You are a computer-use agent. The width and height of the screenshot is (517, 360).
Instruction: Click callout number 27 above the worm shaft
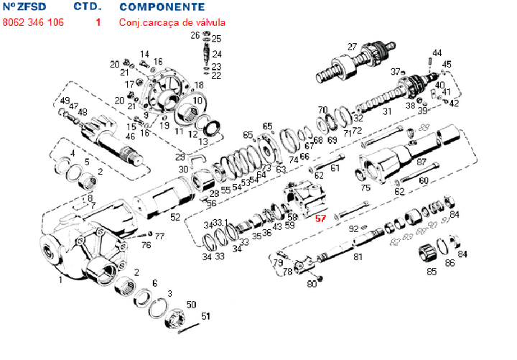click(x=352, y=47)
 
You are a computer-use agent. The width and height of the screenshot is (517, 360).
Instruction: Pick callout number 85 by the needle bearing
click(x=432, y=272)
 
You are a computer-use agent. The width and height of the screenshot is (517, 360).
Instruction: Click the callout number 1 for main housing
click(x=61, y=281)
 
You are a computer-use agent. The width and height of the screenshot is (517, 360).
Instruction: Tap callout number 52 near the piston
click(x=175, y=217)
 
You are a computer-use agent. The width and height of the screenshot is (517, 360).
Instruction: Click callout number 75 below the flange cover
click(x=365, y=188)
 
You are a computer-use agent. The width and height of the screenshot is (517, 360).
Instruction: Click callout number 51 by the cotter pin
click(x=205, y=316)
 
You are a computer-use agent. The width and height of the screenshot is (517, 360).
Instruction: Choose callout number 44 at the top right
click(x=437, y=52)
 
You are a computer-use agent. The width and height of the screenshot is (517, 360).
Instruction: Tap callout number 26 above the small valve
click(x=195, y=35)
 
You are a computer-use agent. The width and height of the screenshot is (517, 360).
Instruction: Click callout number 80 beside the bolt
click(x=312, y=284)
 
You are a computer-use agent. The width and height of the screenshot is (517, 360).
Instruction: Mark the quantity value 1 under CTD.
click(x=98, y=22)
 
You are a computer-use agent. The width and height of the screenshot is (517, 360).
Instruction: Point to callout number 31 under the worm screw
click(x=386, y=111)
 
